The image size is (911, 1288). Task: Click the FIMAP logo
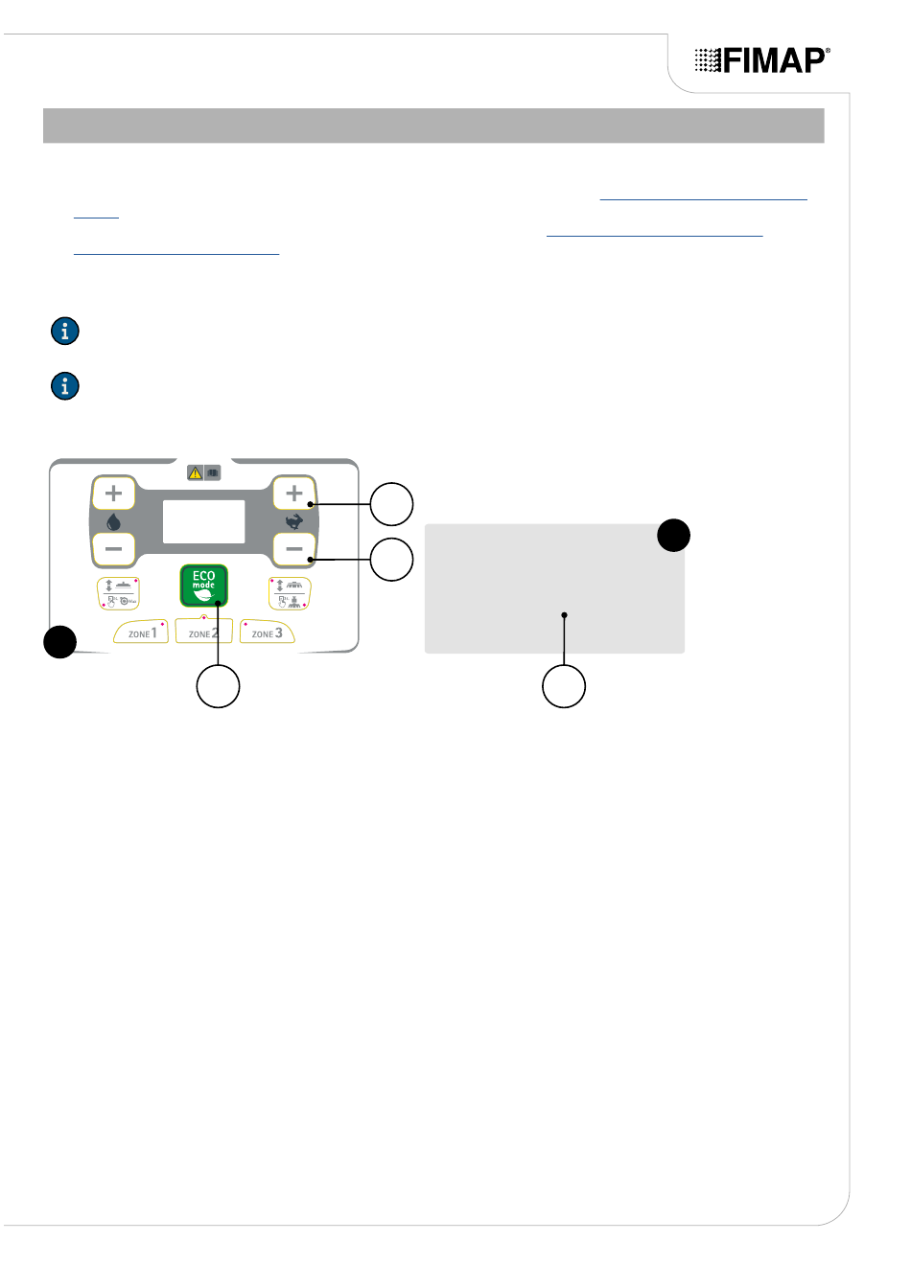tap(762, 60)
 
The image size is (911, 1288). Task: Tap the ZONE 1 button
tap(142, 632)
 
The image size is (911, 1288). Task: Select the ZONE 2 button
tap(203, 632)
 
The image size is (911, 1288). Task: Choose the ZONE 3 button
tap(267, 632)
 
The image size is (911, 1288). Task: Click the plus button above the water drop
tap(113, 494)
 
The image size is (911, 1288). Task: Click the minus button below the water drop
tap(113, 549)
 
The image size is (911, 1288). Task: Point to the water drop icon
tap(113, 522)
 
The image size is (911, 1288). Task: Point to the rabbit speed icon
tap(294, 522)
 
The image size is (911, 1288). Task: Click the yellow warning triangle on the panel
tap(196, 472)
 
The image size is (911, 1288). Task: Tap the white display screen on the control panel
tap(203, 521)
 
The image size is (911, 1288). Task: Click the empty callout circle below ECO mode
tap(218, 686)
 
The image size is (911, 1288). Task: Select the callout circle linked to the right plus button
tap(391, 504)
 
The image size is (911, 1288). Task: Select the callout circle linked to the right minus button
tap(391, 560)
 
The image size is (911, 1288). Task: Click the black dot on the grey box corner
tap(674, 535)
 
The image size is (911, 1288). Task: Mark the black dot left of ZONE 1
tap(59, 641)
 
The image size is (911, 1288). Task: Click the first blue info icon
tap(64, 332)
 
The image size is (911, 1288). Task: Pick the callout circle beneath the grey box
tap(564, 686)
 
